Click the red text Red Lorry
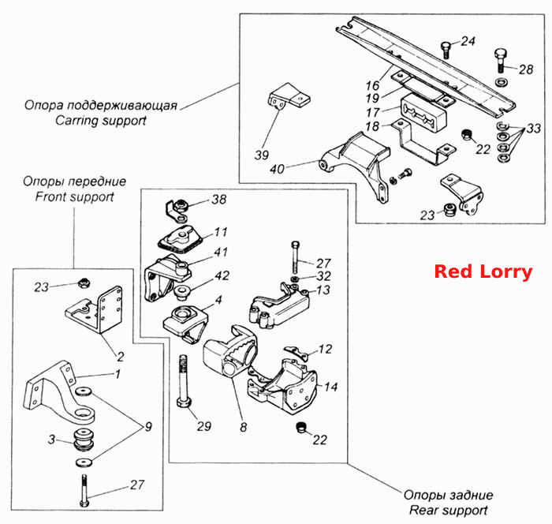click(483, 272)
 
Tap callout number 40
click(277, 169)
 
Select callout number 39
click(262, 155)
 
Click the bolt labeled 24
click(446, 50)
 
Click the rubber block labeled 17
click(423, 112)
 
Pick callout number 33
click(534, 129)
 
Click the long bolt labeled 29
click(184, 381)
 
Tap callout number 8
click(243, 427)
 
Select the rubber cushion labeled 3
click(84, 440)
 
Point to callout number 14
click(330, 387)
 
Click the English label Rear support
click(448, 510)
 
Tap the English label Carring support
click(101, 121)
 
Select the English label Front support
click(74, 196)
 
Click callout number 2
click(121, 357)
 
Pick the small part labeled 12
click(296, 353)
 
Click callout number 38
click(218, 200)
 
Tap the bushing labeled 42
click(182, 294)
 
